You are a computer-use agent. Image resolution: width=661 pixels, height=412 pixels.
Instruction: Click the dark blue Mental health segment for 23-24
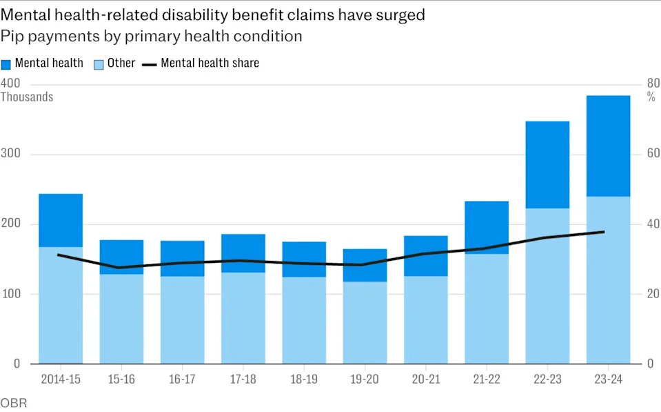tap(608, 146)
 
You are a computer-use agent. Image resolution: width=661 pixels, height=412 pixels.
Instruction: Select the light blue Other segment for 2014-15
tap(61, 304)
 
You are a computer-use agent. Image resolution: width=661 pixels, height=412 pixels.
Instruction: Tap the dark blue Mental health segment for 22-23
tap(547, 164)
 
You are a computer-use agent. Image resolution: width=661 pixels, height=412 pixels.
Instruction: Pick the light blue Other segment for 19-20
tap(365, 322)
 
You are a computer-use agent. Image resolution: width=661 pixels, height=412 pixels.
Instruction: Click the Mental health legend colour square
tap(6, 63)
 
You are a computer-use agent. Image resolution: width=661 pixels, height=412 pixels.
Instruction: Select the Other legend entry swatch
tap(99, 63)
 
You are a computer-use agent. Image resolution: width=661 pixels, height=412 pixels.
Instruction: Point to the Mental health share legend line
tap(150, 64)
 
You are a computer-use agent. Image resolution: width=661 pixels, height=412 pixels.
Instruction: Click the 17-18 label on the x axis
tap(243, 380)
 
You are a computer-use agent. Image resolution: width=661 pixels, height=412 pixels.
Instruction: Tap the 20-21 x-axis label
tap(425, 380)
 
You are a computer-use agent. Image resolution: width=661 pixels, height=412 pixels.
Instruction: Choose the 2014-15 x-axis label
tap(61, 380)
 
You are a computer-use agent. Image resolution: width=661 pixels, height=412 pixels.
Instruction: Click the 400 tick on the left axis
tap(10, 84)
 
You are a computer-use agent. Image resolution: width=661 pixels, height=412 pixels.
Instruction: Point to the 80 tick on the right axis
tap(652, 84)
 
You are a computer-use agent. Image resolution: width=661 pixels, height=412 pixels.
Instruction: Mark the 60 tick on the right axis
tap(652, 154)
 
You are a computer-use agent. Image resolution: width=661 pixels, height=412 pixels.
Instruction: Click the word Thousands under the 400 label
tap(27, 97)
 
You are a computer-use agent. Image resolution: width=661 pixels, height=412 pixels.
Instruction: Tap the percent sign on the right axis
tap(651, 97)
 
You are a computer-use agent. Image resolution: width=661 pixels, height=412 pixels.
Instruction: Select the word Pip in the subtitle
tap(12, 36)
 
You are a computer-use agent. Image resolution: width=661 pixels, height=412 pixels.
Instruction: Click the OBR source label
tap(14, 403)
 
